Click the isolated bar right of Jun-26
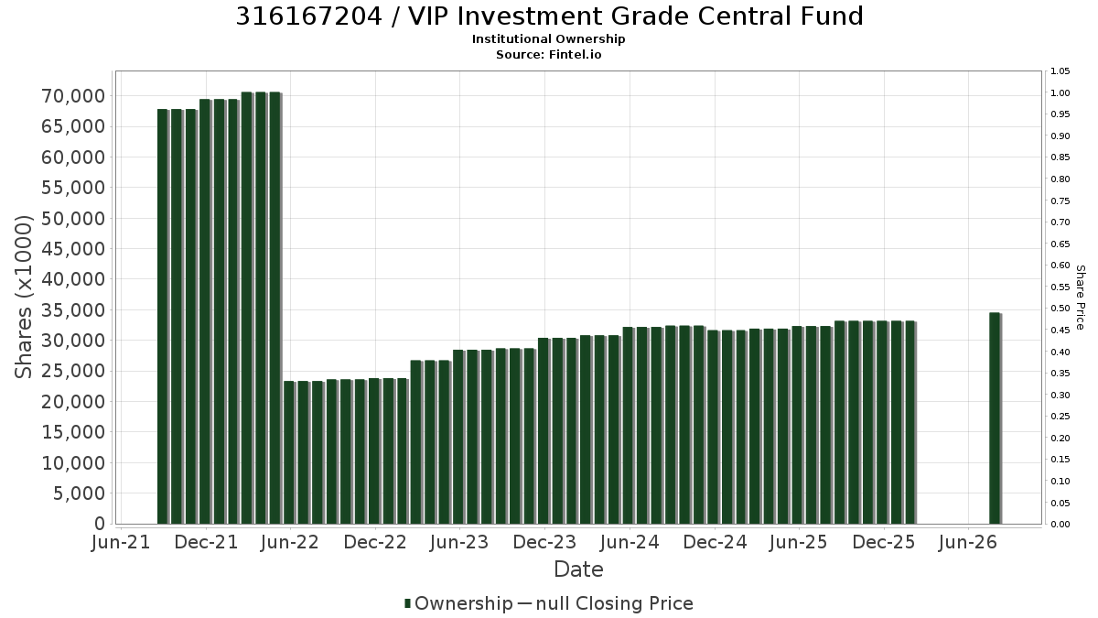tap(996, 418)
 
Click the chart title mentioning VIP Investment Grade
tap(549, 16)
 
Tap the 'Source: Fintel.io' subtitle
tap(548, 54)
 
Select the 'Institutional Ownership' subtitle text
tap(548, 39)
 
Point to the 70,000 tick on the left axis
tap(73, 96)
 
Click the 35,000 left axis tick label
tap(73, 310)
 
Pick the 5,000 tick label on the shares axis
tap(80, 493)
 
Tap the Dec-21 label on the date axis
tap(207, 542)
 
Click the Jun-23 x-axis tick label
tap(459, 542)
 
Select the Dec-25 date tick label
tap(884, 542)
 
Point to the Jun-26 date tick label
tap(968, 542)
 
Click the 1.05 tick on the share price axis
tap(1060, 71)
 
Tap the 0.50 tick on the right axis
tap(1060, 309)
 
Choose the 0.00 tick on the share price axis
tap(1060, 525)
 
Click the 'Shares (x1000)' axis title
tap(24, 297)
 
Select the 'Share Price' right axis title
tap(1080, 298)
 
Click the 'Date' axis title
tap(578, 569)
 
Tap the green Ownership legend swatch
tap(407, 603)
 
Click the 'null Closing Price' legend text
tap(615, 603)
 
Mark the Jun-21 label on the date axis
tap(121, 542)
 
